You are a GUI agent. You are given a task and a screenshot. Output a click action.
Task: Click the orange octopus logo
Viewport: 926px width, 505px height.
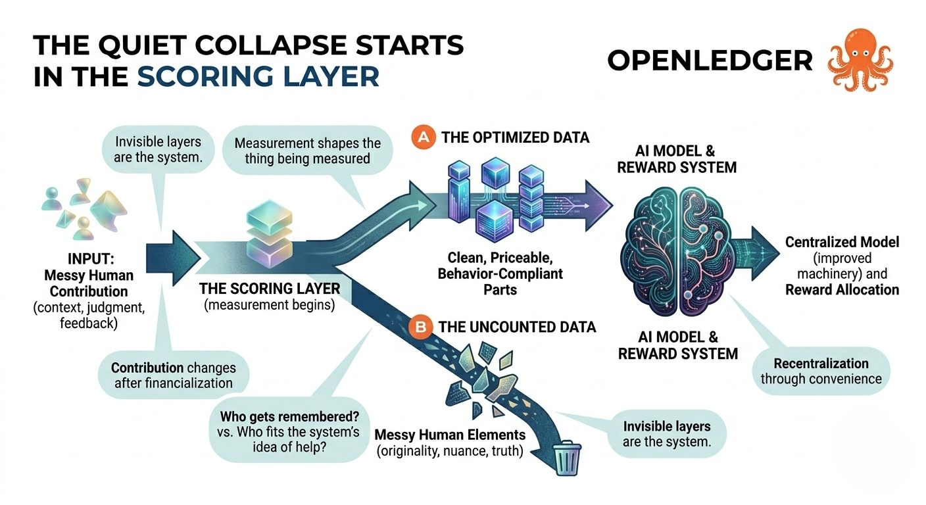[x=860, y=59]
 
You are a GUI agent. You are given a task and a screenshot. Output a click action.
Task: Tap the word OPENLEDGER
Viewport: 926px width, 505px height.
[x=710, y=60]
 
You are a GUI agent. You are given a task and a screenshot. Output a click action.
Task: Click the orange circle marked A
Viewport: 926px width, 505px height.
[x=423, y=137]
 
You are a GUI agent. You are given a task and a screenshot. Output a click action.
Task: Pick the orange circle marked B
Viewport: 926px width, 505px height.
[x=420, y=327]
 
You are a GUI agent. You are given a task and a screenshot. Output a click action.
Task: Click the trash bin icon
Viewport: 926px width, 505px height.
[x=567, y=458]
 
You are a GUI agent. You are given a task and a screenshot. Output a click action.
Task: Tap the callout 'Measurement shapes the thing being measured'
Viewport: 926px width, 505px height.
[x=307, y=151]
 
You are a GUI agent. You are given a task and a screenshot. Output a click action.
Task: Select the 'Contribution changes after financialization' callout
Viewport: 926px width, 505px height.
[x=174, y=375]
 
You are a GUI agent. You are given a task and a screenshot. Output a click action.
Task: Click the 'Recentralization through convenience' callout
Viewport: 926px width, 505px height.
[x=821, y=371]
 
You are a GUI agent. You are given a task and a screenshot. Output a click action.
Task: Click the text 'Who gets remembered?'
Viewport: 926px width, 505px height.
[x=289, y=416]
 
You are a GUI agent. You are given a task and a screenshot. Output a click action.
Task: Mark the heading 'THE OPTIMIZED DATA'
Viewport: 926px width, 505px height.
[x=516, y=137]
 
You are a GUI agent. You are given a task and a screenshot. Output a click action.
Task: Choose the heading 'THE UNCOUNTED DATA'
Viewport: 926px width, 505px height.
[x=517, y=327]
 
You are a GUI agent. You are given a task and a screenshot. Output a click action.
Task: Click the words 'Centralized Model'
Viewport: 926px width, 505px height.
[x=842, y=242]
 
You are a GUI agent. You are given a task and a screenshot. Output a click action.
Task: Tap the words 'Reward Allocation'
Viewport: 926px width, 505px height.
[x=842, y=290]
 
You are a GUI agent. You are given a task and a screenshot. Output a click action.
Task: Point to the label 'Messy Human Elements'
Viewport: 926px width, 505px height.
[x=450, y=435]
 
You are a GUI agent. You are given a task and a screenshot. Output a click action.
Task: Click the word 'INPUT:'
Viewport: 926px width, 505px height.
[x=91, y=259]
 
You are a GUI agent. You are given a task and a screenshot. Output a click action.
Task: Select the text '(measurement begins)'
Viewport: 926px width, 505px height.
[x=270, y=305]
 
